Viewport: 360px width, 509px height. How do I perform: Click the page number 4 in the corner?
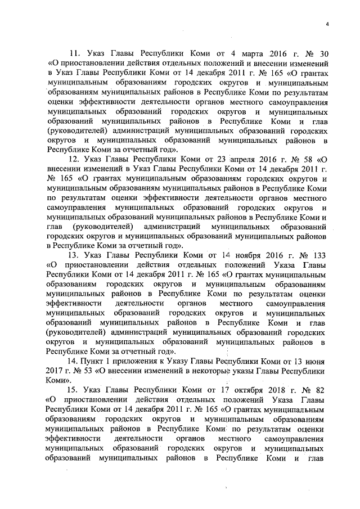click(x=326, y=22)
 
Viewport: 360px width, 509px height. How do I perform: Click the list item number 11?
click(x=74, y=55)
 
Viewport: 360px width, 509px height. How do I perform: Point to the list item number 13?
click(x=74, y=255)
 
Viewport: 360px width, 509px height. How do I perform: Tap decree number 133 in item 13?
click(x=318, y=255)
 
